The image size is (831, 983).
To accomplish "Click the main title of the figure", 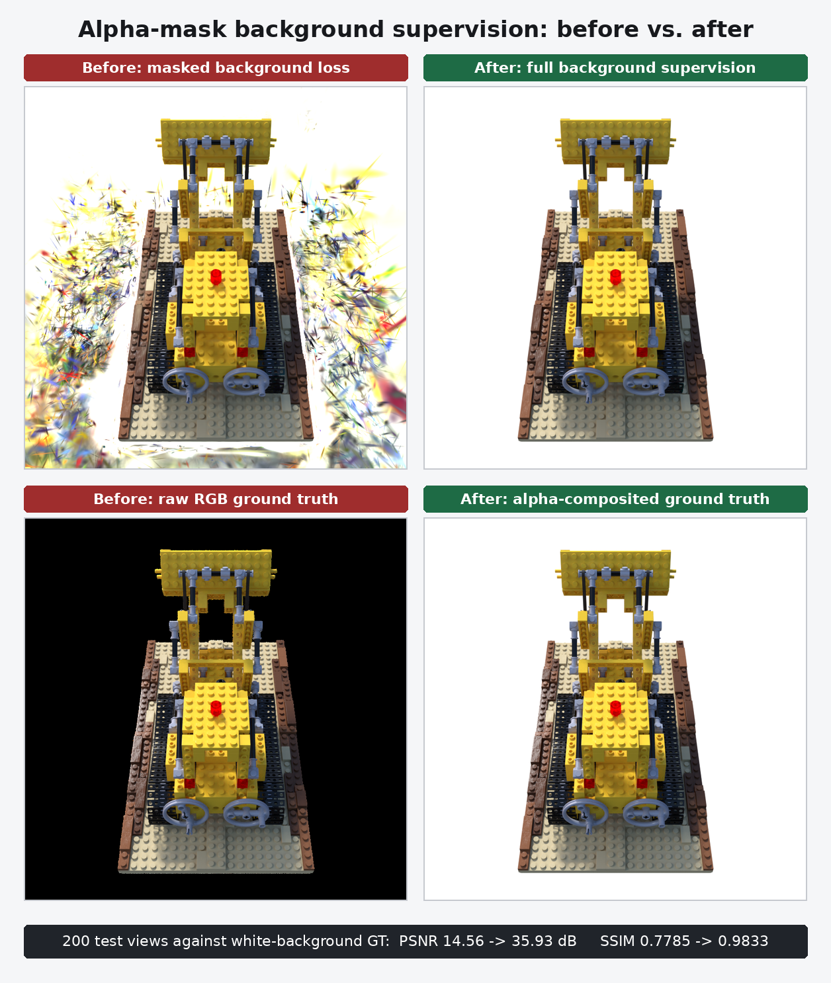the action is tap(416, 30).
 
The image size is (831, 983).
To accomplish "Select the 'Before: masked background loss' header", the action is tap(216, 67).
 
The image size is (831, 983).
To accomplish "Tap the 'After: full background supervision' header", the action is tap(615, 67).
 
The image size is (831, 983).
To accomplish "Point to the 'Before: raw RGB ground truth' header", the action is tap(216, 499).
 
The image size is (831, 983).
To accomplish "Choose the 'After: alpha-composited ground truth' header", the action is tap(615, 499).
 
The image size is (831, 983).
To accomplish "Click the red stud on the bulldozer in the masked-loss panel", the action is tap(216, 277).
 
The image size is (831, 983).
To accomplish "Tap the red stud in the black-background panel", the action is tap(216, 708).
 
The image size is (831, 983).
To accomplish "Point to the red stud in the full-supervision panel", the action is tap(615, 277).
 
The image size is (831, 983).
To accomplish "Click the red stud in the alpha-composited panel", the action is tap(615, 708).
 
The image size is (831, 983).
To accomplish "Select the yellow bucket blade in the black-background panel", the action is tap(216, 572).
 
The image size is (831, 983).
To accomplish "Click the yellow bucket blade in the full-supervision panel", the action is tap(615, 141).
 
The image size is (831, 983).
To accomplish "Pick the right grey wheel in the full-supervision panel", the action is tap(646, 382).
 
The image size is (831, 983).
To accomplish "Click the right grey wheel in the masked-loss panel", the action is tap(246, 382).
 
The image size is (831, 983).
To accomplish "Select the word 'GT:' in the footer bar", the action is tap(378, 941).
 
